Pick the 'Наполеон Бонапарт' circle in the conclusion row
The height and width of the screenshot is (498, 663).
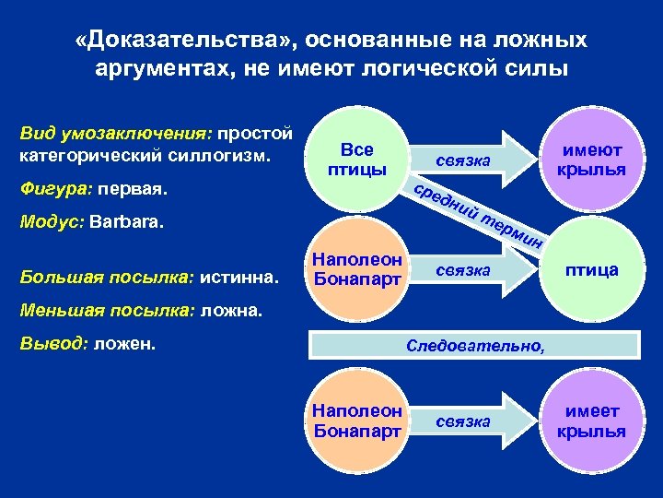(x=357, y=421)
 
